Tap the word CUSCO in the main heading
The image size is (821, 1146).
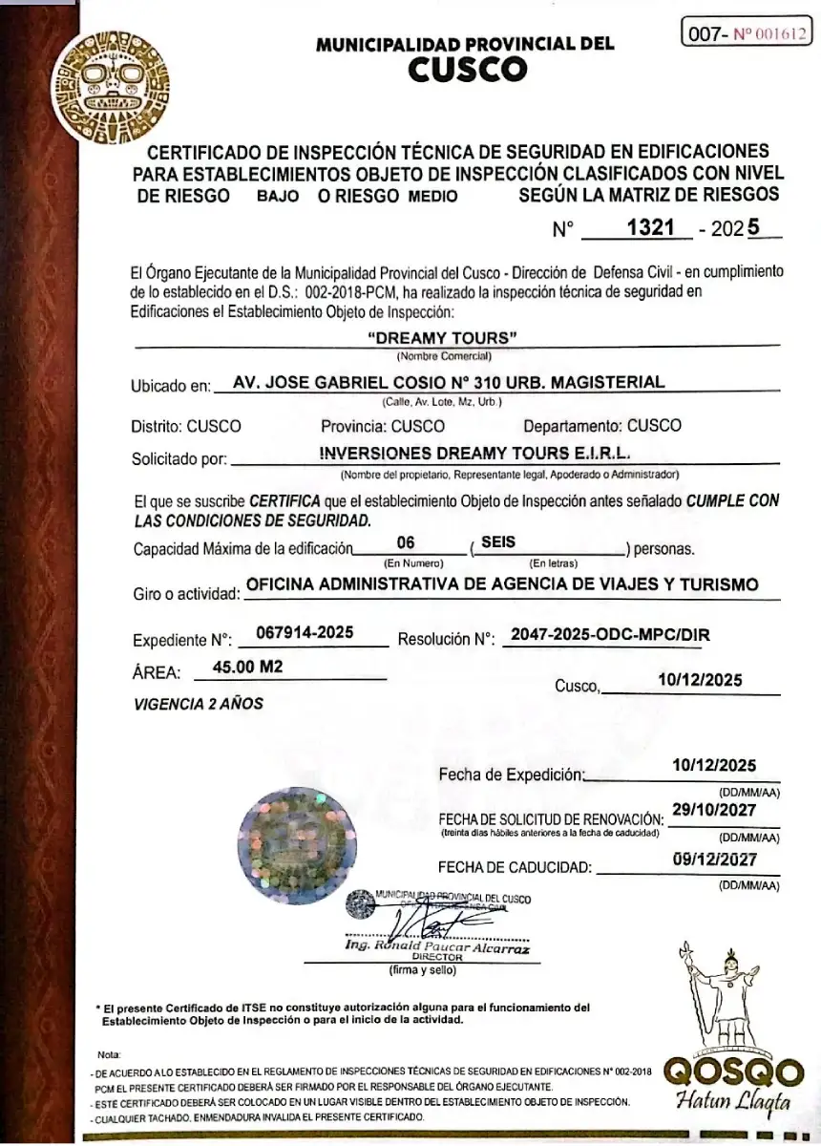467,69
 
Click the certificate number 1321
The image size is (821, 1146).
642,228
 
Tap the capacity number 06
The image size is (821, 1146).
405,541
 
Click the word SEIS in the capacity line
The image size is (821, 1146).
498,541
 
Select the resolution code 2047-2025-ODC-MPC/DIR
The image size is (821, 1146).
611,633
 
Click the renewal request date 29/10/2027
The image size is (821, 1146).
714,810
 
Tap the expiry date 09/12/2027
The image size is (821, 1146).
714,859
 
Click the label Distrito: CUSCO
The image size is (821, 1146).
186,426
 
